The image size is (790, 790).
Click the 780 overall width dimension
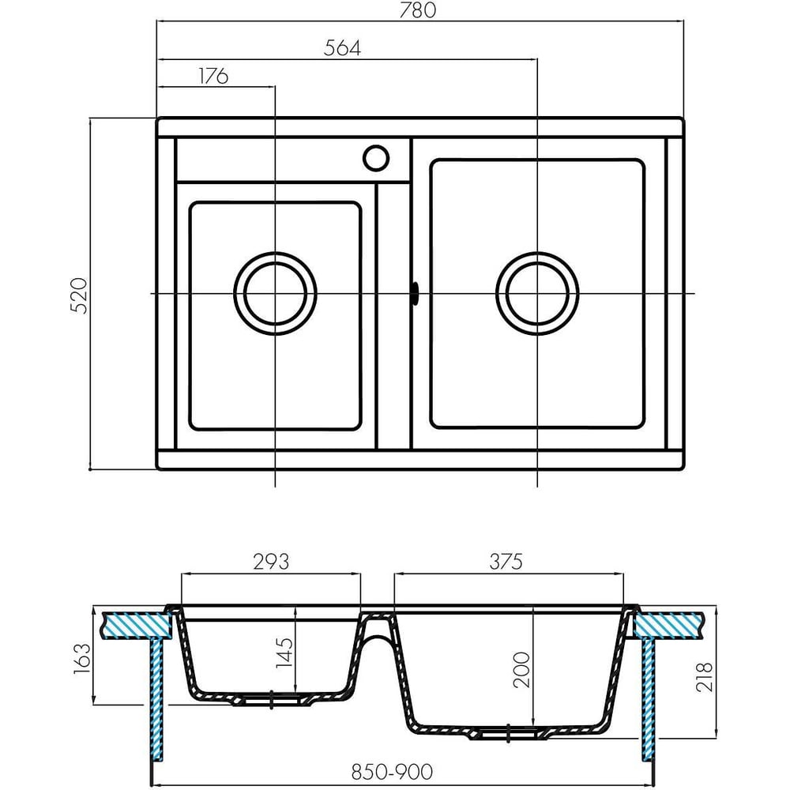[x=417, y=10]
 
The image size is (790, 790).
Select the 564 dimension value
[x=342, y=48]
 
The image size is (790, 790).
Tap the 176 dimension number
[x=213, y=76]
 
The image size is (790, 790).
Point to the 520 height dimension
[x=80, y=295]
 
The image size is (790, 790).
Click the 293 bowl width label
[x=271, y=561]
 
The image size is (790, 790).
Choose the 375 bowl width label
[x=506, y=561]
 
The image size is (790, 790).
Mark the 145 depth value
[x=284, y=653]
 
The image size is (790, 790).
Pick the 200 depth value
[x=522, y=670]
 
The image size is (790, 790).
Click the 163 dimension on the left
[x=83, y=659]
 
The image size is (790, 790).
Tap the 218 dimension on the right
[x=705, y=677]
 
